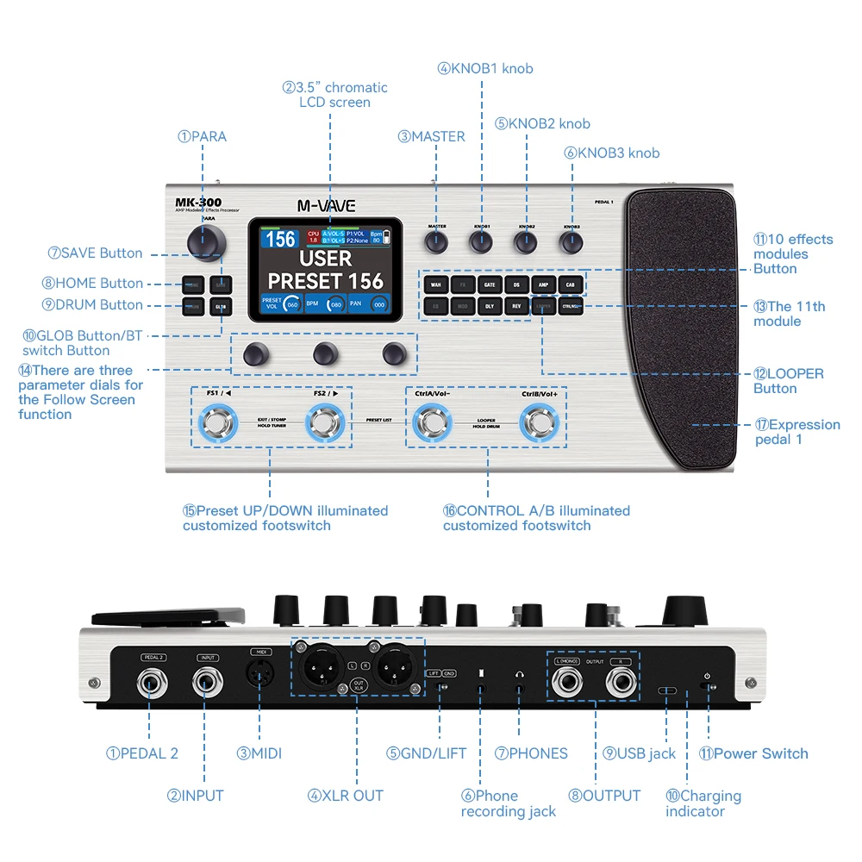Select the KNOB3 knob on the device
[x=571, y=243]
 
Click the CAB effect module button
[x=570, y=284]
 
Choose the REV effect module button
[x=515, y=305]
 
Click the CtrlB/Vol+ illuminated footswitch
[x=540, y=422]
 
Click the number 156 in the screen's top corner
[x=281, y=239]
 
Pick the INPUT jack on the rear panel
[x=207, y=685]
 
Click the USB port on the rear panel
[x=668, y=691]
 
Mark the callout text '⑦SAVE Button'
[x=96, y=253]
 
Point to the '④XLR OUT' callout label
[x=345, y=796]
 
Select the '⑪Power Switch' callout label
[x=753, y=753]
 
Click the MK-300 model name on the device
[x=193, y=203]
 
